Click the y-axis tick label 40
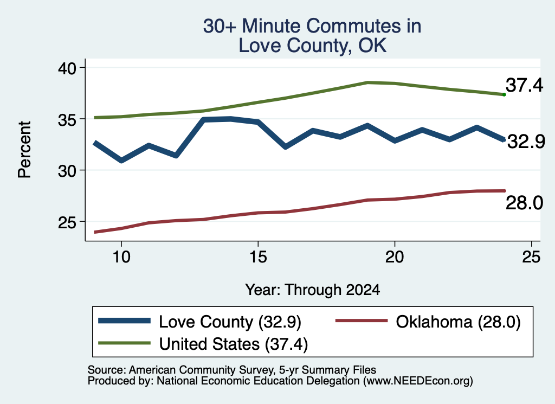point(67,68)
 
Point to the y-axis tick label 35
point(67,120)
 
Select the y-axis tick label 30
point(67,171)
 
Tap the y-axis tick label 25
point(67,222)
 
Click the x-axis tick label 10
point(121,256)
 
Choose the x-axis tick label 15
point(258,256)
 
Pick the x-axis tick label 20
point(395,256)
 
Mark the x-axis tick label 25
point(531,256)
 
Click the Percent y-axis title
point(25,150)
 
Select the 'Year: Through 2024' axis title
point(313,290)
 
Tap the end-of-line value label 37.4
point(524,85)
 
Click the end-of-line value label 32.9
point(526,142)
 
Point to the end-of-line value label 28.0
point(524,203)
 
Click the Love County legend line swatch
point(124,321)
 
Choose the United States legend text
point(234,344)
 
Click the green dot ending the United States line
point(504,94)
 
